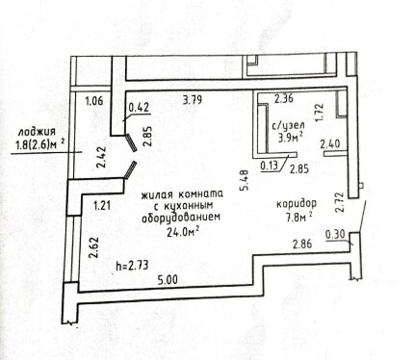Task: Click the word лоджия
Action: point(37,132)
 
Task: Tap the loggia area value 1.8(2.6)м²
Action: point(38,145)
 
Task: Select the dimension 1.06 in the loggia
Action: point(94,101)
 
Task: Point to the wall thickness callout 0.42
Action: point(139,108)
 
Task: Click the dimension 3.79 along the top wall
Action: point(192,99)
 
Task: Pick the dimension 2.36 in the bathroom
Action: point(284,98)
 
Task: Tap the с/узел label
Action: point(289,125)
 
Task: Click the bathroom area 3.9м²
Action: point(291,138)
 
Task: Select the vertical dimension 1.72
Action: point(319,112)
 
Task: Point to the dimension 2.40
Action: point(330,143)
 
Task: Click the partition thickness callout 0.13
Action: point(270,167)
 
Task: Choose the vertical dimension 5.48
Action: point(246,181)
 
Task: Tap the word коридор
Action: point(297,204)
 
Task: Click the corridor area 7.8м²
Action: point(299,218)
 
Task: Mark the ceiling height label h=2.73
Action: point(132,266)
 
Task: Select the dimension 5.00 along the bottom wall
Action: point(168,280)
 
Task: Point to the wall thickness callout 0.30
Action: point(335,235)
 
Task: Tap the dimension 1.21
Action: point(102,205)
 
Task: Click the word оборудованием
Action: point(181,218)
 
